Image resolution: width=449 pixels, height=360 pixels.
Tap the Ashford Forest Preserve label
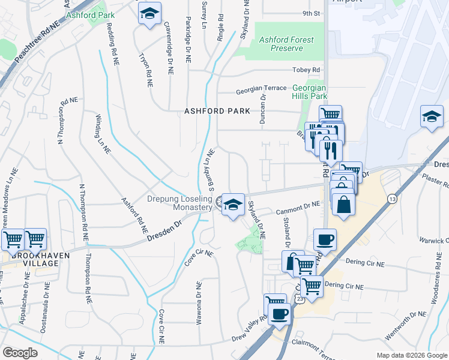(x=286, y=44)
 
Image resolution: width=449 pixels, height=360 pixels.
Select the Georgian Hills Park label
(x=309, y=91)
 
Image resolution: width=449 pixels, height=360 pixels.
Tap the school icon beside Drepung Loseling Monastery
(x=232, y=205)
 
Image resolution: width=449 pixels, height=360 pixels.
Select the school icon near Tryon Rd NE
(x=149, y=13)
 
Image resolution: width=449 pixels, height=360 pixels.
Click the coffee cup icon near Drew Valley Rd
(x=280, y=313)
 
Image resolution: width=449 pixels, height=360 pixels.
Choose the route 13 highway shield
(x=392, y=199)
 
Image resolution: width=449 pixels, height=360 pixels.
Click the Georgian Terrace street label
(x=261, y=88)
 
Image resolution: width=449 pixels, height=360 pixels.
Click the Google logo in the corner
(x=20, y=352)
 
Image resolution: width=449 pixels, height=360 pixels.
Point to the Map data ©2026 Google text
(x=411, y=355)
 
